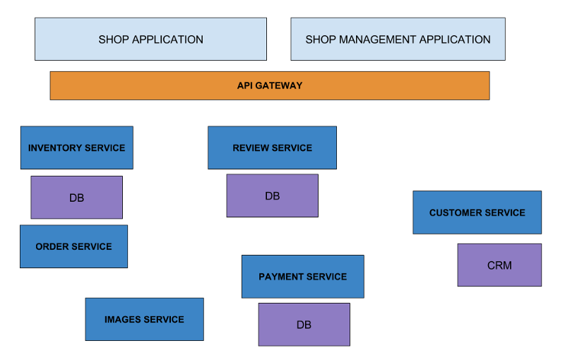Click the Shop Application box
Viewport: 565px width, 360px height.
click(150, 40)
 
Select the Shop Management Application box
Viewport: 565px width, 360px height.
click(398, 40)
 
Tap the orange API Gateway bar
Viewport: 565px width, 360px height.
click(269, 85)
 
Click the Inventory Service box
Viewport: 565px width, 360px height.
click(76, 148)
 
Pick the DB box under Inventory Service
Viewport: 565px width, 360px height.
click(76, 198)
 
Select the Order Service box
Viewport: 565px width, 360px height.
click(73, 246)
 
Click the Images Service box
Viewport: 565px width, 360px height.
click(144, 319)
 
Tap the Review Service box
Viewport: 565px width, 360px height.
click(272, 148)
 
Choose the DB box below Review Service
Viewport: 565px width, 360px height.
click(272, 196)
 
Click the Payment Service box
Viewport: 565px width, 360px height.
click(302, 276)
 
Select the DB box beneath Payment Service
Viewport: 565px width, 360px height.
click(304, 325)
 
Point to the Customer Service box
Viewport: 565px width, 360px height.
click(477, 212)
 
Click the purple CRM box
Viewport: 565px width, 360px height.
click(499, 265)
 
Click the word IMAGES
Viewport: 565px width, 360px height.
click(124, 320)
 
